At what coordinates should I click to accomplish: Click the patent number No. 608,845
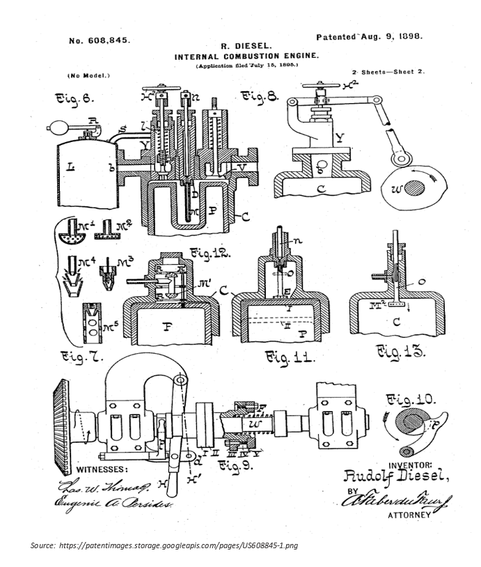tap(99, 40)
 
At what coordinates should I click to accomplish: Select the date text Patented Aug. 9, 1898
tap(369, 36)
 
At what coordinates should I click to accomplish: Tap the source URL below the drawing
tap(164, 545)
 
